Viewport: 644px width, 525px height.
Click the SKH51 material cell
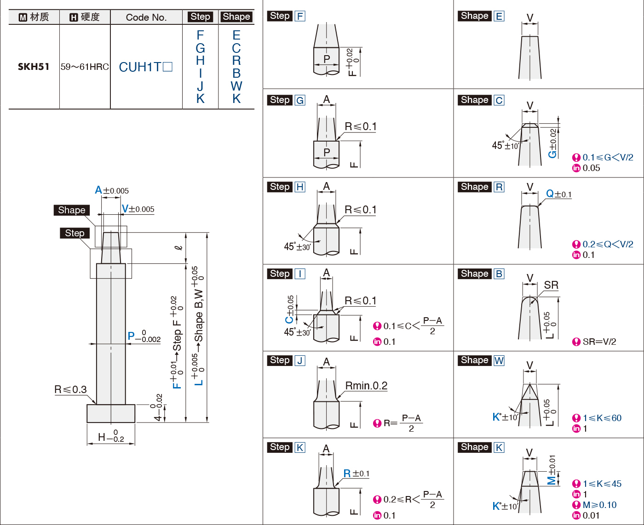tap(34, 67)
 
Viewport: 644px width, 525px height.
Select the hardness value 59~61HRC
tap(85, 67)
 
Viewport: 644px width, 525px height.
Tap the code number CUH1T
tap(145, 67)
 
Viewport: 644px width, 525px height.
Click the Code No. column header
tap(146, 17)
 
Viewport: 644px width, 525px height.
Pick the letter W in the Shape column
tap(236, 86)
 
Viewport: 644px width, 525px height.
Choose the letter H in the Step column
tap(200, 61)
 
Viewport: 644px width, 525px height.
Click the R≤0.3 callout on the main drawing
tap(70, 389)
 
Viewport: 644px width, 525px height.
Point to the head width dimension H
tap(111, 436)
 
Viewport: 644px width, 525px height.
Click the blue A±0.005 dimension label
tap(111, 190)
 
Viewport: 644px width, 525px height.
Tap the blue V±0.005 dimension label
tap(138, 209)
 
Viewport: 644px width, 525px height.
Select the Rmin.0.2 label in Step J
tap(366, 386)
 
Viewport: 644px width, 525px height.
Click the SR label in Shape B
tap(551, 285)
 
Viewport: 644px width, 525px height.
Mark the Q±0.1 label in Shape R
tap(558, 194)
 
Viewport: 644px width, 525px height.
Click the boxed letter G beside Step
tap(300, 100)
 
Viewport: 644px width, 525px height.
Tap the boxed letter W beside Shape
tap(499, 360)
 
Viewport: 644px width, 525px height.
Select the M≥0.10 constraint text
tap(599, 505)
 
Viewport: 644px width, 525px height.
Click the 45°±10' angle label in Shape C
tap(505, 146)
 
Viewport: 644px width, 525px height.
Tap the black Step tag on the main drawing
tap(75, 233)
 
